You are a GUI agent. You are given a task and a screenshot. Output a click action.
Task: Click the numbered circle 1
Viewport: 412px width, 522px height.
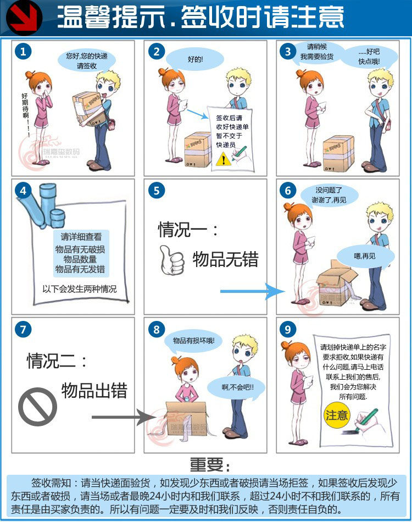(23, 52)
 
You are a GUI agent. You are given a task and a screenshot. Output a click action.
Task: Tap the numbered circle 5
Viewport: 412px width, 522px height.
(157, 191)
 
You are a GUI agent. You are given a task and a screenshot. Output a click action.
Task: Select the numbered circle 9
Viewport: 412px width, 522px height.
(288, 329)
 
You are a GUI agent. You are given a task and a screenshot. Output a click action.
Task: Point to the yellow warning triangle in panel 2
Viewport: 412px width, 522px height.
(224, 159)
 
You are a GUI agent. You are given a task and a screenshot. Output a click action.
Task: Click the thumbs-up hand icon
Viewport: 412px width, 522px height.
(171, 260)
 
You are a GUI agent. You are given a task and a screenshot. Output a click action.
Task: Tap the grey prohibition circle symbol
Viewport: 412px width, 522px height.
(37, 407)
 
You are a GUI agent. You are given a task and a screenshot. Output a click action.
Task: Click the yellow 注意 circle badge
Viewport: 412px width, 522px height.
(336, 415)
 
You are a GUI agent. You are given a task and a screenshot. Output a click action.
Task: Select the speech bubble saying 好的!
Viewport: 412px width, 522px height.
(194, 59)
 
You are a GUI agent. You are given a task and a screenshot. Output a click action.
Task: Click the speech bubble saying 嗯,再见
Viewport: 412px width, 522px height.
(365, 256)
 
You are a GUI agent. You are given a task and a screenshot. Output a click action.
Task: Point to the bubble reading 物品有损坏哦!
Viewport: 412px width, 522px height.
(193, 341)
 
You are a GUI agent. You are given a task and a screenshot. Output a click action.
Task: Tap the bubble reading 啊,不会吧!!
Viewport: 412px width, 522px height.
(237, 387)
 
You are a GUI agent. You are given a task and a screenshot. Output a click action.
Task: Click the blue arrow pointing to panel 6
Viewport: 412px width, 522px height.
(252, 291)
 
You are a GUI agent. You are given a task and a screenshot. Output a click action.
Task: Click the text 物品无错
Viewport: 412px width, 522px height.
(225, 259)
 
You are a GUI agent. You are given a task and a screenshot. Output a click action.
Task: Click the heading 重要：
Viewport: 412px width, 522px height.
(210, 464)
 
